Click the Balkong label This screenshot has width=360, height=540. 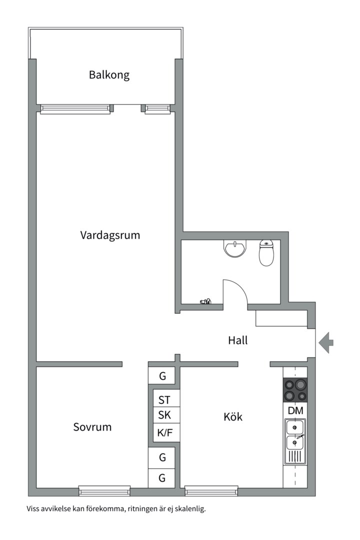click(109, 75)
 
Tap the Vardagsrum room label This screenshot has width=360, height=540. click(110, 235)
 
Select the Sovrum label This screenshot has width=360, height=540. click(92, 427)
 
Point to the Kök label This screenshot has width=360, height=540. click(233, 416)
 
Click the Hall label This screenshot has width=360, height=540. click(238, 341)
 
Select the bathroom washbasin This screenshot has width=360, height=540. click(234, 248)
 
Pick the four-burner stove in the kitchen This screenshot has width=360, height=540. click(295, 390)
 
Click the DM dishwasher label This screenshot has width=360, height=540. click(295, 410)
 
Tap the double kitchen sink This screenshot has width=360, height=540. click(294, 435)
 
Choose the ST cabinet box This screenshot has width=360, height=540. click(164, 400)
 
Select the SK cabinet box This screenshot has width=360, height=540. click(164, 415)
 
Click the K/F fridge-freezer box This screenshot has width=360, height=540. click(164, 432)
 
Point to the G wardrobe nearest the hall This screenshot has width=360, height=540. click(162, 375)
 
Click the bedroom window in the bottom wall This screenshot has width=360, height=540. click(104, 490)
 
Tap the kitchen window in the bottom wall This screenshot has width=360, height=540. click(211, 490)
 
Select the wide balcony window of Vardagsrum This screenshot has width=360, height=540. click(75, 109)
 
